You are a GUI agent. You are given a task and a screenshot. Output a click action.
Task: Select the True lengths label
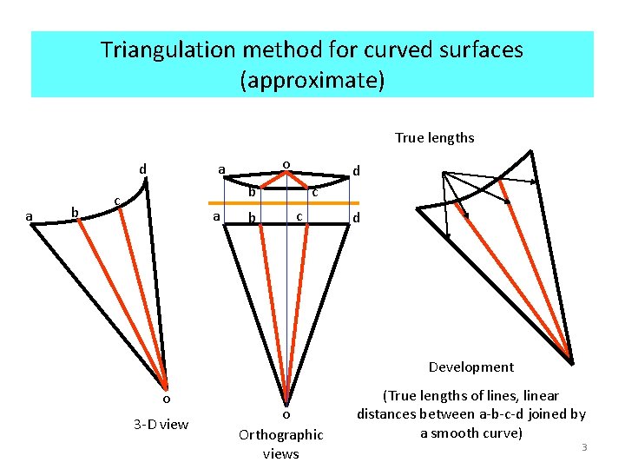click(x=434, y=137)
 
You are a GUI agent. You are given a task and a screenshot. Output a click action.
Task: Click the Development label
click(x=470, y=367)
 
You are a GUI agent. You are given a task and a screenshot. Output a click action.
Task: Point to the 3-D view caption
click(x=161, y=424)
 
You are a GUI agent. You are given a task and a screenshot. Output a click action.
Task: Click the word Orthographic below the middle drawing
click(x=280, y=434)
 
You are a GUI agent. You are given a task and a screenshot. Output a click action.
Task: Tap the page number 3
click(x=584, y=446)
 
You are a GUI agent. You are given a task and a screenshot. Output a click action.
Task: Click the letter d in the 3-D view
click(x=143, y=167)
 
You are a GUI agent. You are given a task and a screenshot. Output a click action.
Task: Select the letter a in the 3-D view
click(x=29, y=216)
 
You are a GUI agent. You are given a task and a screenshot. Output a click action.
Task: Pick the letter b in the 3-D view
click(x=75, y=212)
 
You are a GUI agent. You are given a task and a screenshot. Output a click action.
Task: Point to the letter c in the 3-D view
click(x=116, y=201)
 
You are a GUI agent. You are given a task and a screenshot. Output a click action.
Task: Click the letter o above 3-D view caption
click(x=166, y=399)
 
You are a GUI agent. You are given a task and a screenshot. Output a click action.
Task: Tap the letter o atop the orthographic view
click(x=286, y=162)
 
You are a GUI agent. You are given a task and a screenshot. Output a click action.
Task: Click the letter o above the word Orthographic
click(x=286, y=413)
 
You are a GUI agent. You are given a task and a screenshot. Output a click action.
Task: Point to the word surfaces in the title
click(x=476, y=50)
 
